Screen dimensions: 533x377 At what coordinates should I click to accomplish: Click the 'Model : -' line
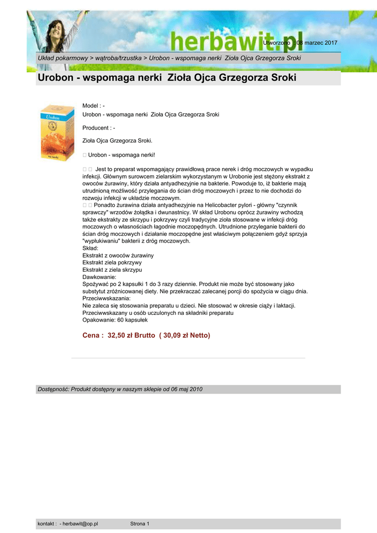coord(94,106)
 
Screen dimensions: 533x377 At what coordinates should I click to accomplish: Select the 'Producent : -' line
coord(99,128)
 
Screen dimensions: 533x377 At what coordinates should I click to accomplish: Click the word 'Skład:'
coord(90,249)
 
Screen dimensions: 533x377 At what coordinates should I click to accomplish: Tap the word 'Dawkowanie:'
coord(99,277)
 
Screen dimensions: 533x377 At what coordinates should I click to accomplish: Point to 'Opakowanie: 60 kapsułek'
coord(115,320)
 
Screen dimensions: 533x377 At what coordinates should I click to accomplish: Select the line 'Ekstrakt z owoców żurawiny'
coord(118,256)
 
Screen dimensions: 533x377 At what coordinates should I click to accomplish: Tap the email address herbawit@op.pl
coord(80,524)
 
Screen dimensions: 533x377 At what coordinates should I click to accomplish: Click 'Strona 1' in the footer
coord(140,524)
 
